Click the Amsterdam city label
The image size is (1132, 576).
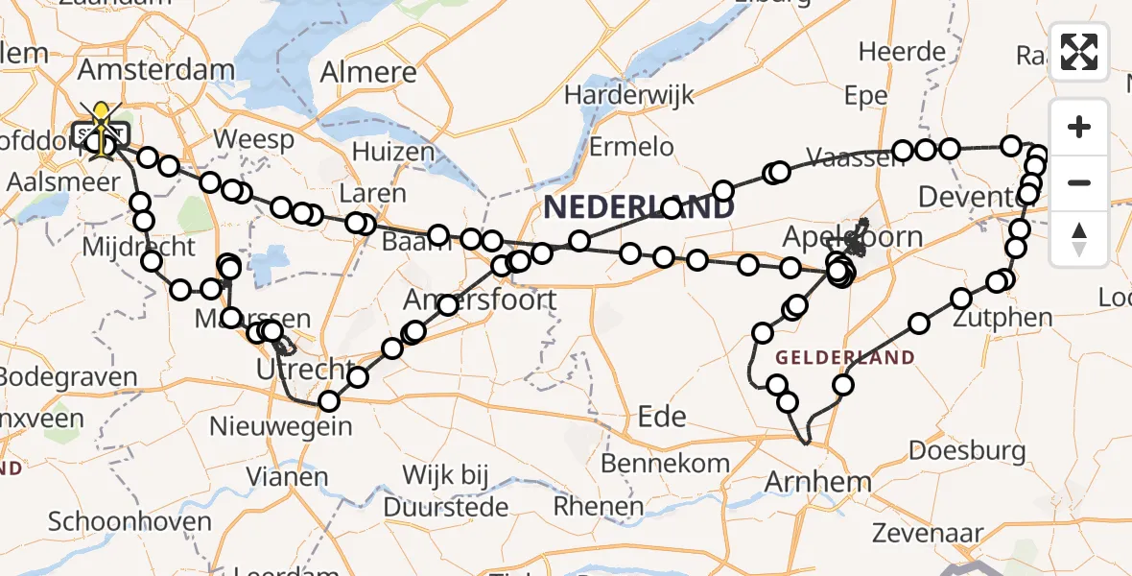pyautogui.click(x=155, y=70)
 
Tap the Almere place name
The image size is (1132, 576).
pyautogui.click(x=368, y=72)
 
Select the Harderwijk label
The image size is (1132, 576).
pyautogui.click(x=629, y=96)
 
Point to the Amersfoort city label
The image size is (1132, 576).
pyautogui.click(x=480, y=300)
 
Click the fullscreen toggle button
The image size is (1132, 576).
pyautogui.click(x=1079, y=51)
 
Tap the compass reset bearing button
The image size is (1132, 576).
pyautogui.click(x=1079, y=239)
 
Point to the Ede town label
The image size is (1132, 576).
pyautogui.click(x=662, y=416)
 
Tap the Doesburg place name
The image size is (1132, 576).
pyautogui.click(x=966, y=450)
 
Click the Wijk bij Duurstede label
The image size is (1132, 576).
pyautogui.click(x=446, y=489)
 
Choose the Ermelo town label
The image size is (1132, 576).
pyautogui.click(x=631, y=147)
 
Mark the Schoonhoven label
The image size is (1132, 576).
pyautogui.click(x=130, y=522)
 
